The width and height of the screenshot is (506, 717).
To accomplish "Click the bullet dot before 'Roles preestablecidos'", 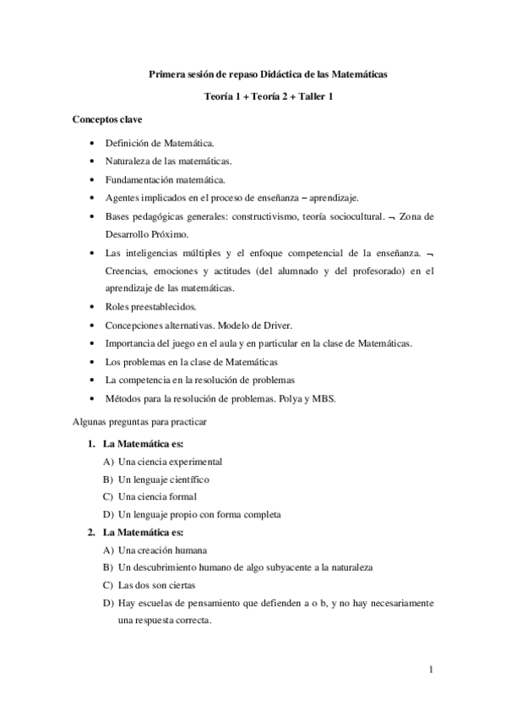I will point(91,306).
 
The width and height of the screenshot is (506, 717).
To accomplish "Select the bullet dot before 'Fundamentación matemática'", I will point(91,179).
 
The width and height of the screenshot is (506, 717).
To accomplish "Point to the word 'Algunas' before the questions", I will point(88,420).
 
